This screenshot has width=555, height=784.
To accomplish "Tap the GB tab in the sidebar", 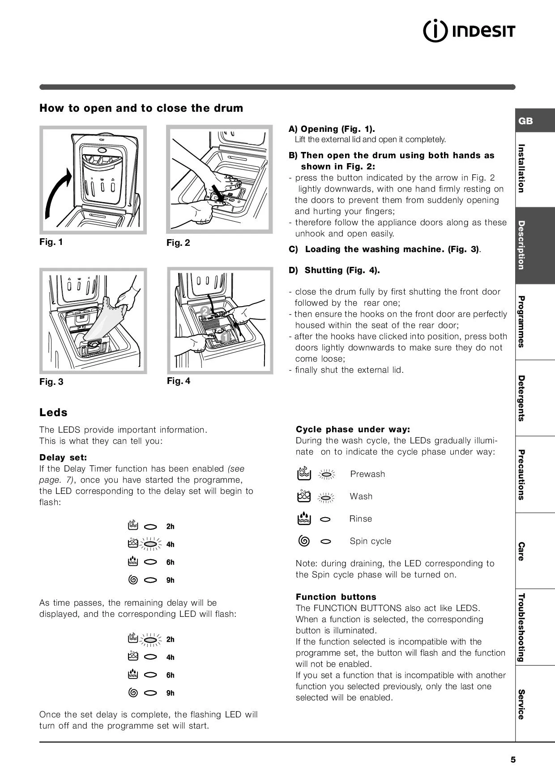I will point(525,121).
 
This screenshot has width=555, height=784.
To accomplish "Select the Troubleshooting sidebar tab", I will point(521,627).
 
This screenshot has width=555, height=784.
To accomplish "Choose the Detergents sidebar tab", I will point(521,398).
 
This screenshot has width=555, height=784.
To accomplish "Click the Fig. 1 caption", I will point(51,242).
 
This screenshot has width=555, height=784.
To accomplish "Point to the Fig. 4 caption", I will point(179,381).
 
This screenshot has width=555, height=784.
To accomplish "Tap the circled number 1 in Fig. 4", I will point(225,337).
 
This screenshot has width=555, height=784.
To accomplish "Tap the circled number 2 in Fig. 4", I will point(205,311).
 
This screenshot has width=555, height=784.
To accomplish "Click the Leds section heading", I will point(53,412).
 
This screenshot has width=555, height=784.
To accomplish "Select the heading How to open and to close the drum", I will point(141,108).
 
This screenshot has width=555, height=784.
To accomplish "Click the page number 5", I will point(513,760).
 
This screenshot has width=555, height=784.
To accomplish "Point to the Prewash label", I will point(367,474).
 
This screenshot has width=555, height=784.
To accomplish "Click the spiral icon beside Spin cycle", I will point(304,541).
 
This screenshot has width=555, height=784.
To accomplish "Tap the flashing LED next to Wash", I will point(326,497).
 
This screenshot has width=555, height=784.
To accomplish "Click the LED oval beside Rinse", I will point(326,519).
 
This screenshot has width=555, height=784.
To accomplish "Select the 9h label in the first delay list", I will point(171,580).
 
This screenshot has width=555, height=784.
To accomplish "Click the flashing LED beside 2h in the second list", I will point(151,640).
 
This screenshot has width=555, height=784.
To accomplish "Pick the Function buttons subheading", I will point(336,597).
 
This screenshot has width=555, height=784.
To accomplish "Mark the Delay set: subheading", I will point(63,457).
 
